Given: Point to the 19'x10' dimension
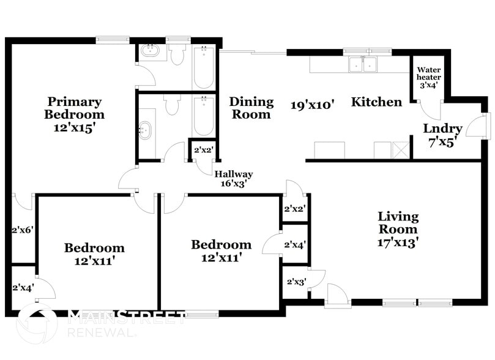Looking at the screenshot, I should point(312,105).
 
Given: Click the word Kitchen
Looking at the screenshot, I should point(376,102).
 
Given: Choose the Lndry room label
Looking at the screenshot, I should point(442,129).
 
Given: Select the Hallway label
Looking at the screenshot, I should point(233,174).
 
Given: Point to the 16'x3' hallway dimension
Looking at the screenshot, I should point(233,183).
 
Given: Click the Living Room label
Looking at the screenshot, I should point(398,223).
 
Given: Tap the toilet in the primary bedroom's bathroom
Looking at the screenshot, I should point(177,56).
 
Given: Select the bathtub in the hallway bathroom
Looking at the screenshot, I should point(203,116).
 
